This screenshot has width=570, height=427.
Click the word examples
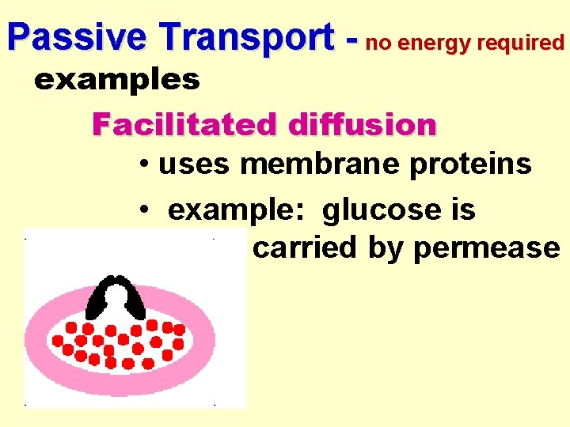(116, 79)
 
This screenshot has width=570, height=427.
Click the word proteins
(484, 164)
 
